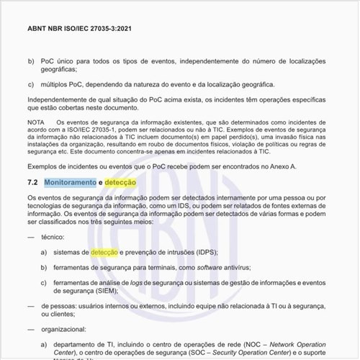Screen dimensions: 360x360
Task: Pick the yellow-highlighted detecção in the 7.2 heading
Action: [120, 183]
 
